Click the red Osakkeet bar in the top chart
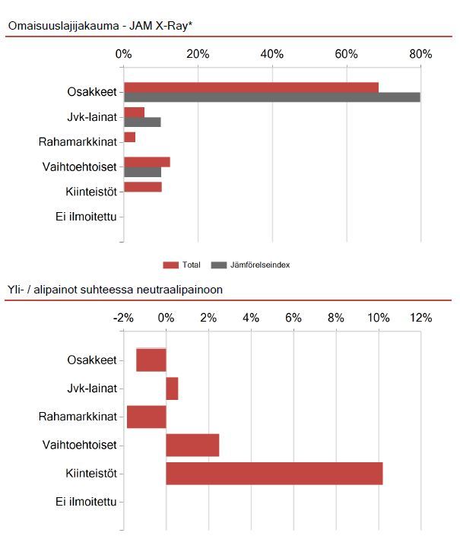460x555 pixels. [251, 87]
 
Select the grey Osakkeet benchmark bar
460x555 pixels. [272, 97]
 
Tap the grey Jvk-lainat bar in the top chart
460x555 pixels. [142, 122]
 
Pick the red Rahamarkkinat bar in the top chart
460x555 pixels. [129, 138]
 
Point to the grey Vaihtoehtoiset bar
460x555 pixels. [143, 172]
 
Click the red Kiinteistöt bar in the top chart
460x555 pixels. [143, 187]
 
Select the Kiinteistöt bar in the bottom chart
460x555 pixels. [274, 473]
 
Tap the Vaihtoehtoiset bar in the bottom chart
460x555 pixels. [192, 445]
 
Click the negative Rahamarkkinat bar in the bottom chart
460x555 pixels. [147, 417]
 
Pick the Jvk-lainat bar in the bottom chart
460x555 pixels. [172, 388]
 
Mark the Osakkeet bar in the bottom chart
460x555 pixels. [151, 360]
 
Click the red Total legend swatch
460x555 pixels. [170, 265]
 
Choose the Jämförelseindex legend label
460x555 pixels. [260, 265]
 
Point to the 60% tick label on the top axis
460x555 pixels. [346, 54]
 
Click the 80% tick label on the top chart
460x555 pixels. [420, 54]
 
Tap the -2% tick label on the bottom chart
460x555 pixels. [123, 318]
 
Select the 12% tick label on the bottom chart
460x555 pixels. [420, 318]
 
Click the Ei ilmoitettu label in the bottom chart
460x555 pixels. [86, 502]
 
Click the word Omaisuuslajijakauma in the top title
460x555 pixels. [63, 26]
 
